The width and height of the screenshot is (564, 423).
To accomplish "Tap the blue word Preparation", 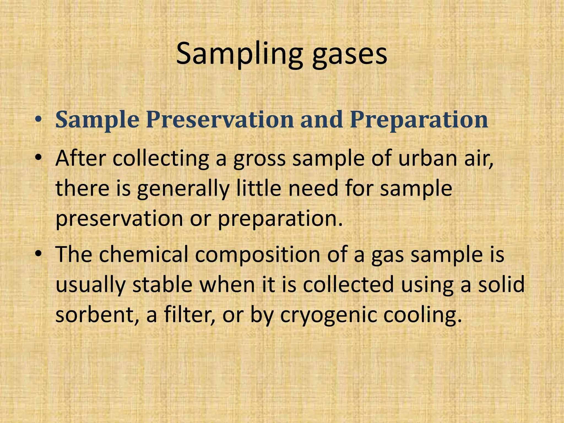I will [419, 120].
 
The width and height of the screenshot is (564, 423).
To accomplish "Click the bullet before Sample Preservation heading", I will [39, 120].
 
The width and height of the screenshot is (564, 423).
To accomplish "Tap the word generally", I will [183, 189].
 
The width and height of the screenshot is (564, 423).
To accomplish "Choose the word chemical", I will [143, 254].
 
